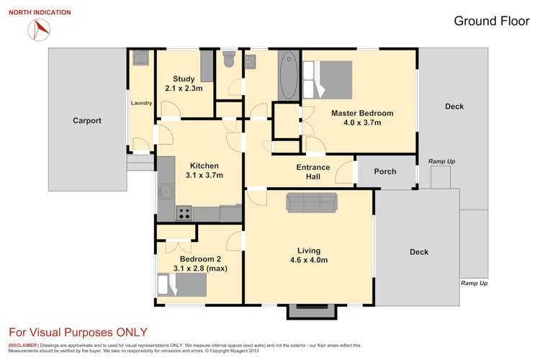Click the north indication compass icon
pos(39,29)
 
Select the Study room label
pos(184,84)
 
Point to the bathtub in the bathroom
pos(286,75)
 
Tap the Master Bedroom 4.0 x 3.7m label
pos(361,118)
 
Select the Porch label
pos(385,171)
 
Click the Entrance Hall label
pos(313,172)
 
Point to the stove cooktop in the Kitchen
pos(184,213)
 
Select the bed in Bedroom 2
pos(183,286)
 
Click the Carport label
pos(86,121)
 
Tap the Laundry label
pos(141,103)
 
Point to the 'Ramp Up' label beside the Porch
pos(441,161)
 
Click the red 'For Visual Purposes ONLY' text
pos(78,332)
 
